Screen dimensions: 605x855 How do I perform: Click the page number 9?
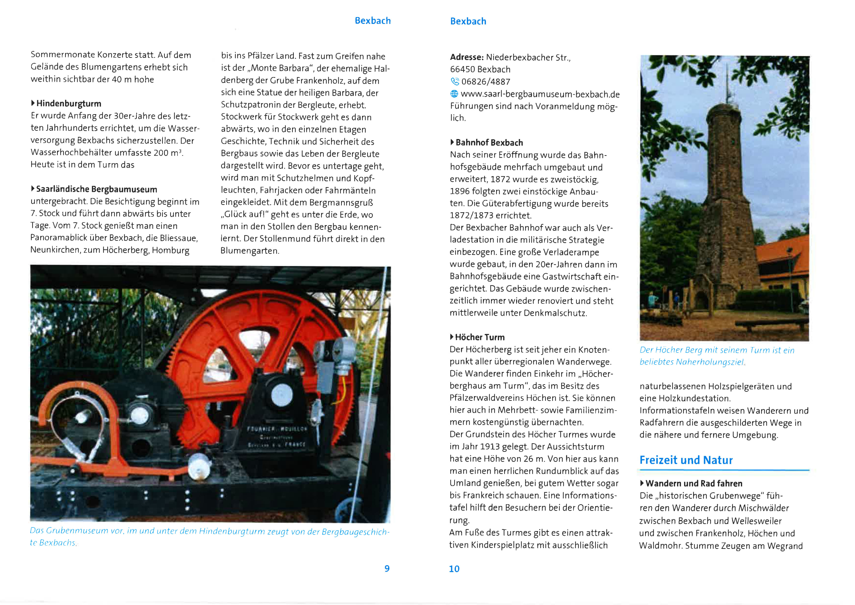pos(387,569)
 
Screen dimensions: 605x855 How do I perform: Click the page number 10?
pos(454,569)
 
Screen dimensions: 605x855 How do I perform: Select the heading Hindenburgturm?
pos(69,104)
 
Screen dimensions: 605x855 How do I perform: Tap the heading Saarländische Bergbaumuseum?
pos(97,189)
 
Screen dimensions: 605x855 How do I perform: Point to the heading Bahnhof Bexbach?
pos(489,143)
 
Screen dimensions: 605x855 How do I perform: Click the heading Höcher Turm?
pos(480,337)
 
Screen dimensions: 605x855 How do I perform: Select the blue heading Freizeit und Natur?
pos(686,460)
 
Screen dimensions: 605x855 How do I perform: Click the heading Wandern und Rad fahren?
pos(694,484)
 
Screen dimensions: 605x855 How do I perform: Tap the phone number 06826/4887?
pos(486,81)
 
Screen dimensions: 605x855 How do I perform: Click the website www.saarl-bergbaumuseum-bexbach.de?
pos(540,94)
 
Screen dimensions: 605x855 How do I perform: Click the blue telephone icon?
pos(455,81)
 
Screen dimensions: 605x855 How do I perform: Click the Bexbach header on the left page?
pos(372,21)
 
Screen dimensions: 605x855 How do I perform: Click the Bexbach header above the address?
pos(468,22)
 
